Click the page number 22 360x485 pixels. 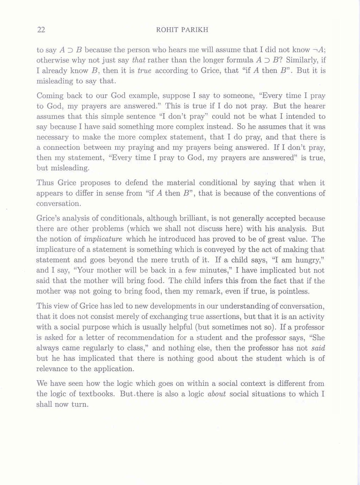41,30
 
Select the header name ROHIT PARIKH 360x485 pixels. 182,30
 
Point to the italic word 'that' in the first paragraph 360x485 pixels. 139,60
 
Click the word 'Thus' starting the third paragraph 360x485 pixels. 45,183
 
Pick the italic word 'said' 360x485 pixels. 318,348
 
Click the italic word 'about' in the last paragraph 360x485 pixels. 217,394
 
